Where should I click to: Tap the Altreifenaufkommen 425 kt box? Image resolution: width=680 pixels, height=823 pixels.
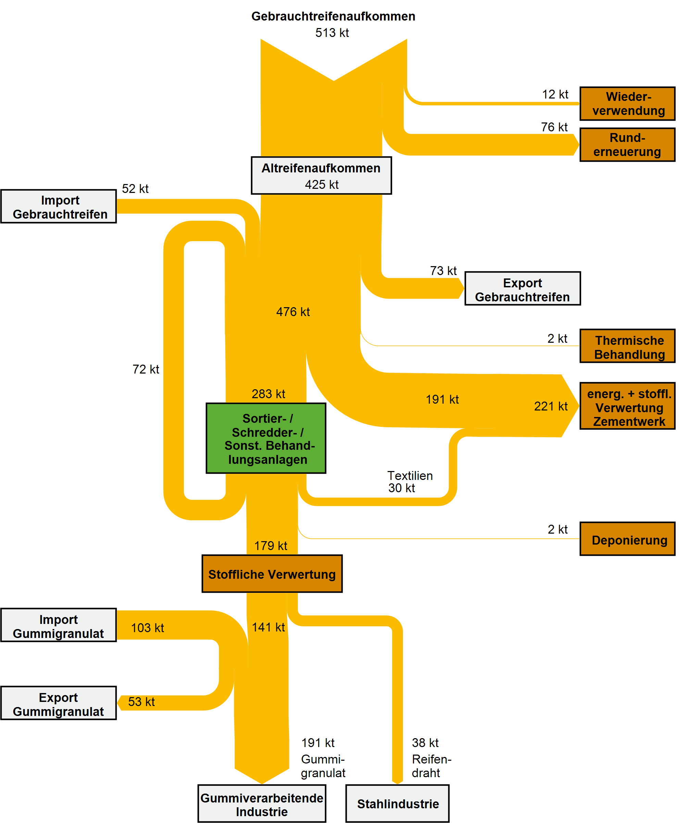coord(321,176)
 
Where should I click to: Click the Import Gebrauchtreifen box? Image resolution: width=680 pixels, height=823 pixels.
coord(59,207)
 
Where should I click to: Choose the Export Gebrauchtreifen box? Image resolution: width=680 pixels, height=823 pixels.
coord(522,288)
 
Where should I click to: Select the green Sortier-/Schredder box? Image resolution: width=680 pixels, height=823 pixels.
coord(266,438)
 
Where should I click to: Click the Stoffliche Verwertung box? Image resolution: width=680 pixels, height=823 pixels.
coord(272,573)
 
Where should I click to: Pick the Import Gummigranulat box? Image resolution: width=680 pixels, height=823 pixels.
coord(59,625)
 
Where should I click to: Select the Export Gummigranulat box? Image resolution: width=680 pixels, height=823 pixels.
coord(59,703)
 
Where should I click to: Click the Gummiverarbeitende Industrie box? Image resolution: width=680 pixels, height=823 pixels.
coord(262,804)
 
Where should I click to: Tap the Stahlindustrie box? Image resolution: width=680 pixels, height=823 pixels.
coord(397,804)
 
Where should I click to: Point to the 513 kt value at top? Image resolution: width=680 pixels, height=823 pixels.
coord(332,33)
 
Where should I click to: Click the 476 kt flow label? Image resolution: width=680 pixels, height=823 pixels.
coord(293,312)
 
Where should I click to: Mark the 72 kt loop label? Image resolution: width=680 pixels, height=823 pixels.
coord(146,369)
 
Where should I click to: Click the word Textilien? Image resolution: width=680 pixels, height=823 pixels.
coord(410,475)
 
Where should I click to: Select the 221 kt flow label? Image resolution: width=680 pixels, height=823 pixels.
coord(550,406)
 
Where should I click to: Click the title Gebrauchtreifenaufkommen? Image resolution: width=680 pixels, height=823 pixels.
coord(333,16)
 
